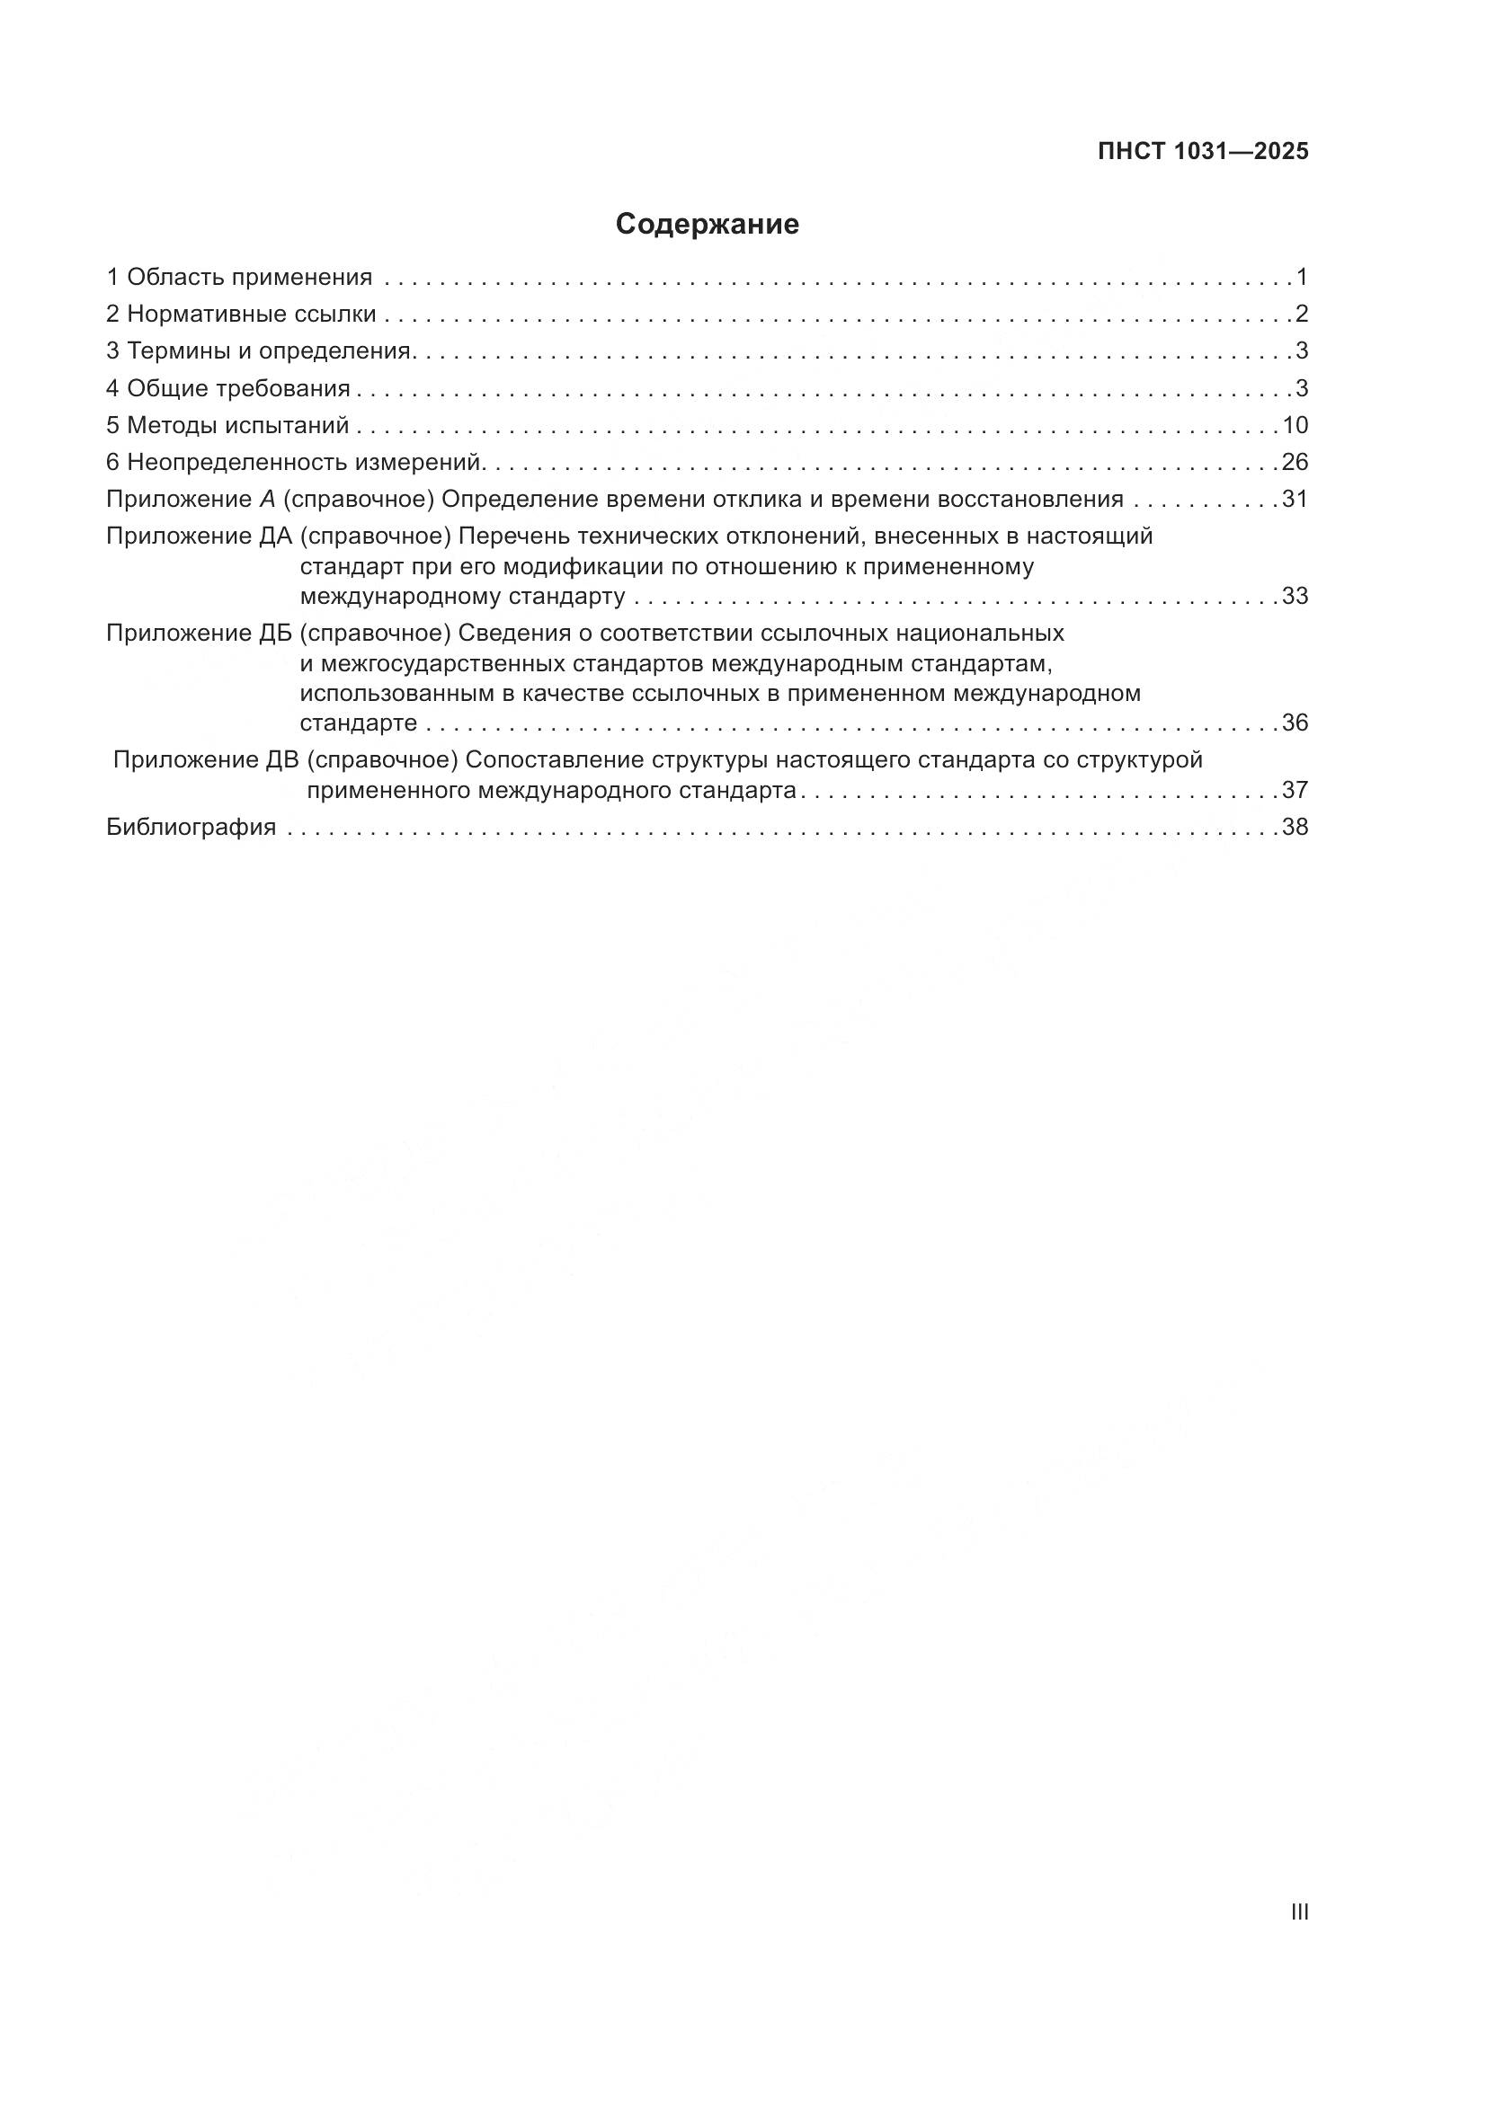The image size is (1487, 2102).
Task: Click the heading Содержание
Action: pyautogui.click(x=707, y=225)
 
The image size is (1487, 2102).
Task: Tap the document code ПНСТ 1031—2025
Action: pyautogui.click(x=1203, y=152)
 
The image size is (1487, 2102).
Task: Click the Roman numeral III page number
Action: pyautogui.click(x=1298, y=1911)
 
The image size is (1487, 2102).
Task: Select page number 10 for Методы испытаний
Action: pyautogui.click(x=1295, y=425)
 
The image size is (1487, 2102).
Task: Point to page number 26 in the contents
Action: pyautogui.click(x=1295, y=462)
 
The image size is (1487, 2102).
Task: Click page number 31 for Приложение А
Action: pyautogui.click(x=1295, y=499)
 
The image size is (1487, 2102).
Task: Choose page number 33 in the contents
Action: pyautogui.click(x=1295, y=596)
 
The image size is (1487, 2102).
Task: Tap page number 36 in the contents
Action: pyautogui.click(x=1295, y=723)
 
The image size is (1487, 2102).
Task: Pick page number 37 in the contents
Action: pyautogui.click(x=1295, y=789)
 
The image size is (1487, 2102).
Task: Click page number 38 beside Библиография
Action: pyautogui.click(x=1295, y=827)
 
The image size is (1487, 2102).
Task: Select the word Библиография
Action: pyautogui.click(x=191, y=827)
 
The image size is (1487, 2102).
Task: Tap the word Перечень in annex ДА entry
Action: pyautogui.click(x=509, y=536)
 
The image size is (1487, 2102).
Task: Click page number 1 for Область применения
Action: pyautogui.click(x=1301, y=277)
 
